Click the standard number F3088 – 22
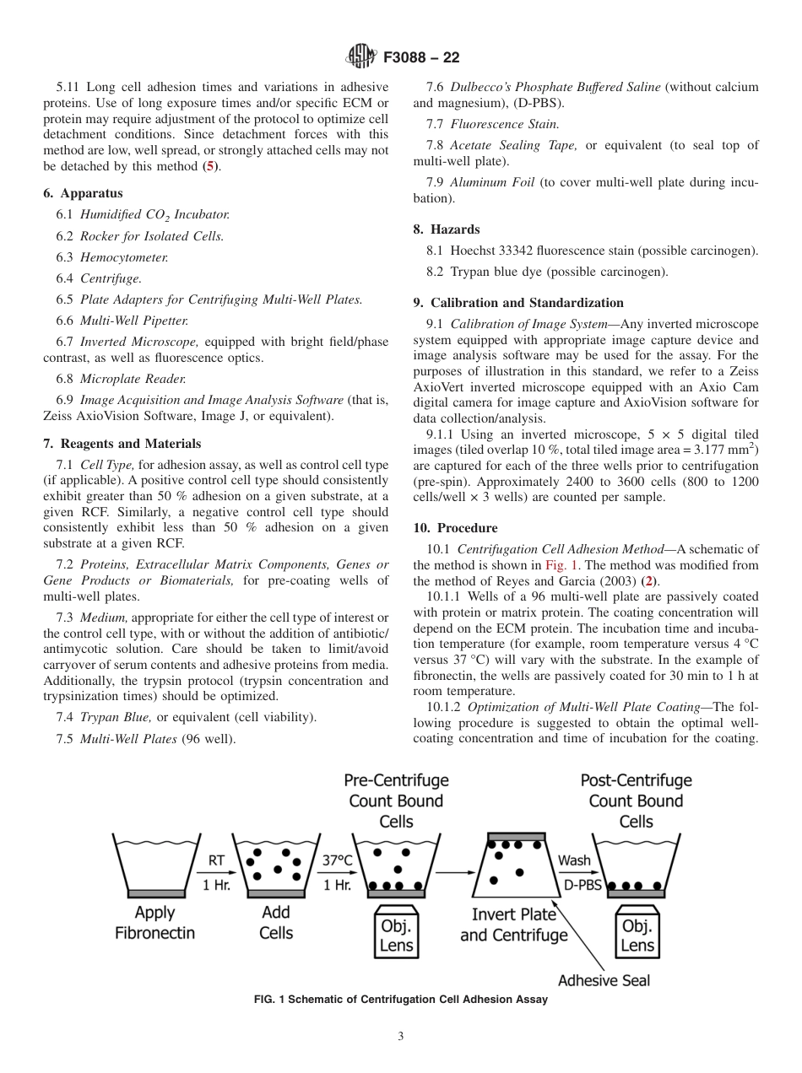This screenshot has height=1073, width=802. tap(420, 58)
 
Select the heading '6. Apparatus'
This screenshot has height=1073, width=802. tap(83, 193)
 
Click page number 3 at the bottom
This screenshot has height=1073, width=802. tap(400, 1036)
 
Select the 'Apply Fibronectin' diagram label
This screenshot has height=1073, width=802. tap(154, 922)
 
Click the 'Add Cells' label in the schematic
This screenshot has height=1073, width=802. tap(276, 922)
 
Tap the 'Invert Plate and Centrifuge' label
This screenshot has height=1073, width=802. tap(514, 925)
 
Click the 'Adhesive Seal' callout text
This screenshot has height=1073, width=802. tap(604, 980)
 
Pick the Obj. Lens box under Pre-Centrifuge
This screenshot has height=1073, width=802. tap(396, 935)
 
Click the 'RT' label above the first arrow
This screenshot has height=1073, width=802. tap(216, 861)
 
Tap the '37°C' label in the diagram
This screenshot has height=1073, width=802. tap(338, 861)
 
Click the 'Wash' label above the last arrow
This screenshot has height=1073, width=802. tap(575, 861)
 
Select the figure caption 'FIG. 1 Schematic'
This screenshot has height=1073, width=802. tap(400, 1000)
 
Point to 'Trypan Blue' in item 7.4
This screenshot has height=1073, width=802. tap(117, 717)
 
